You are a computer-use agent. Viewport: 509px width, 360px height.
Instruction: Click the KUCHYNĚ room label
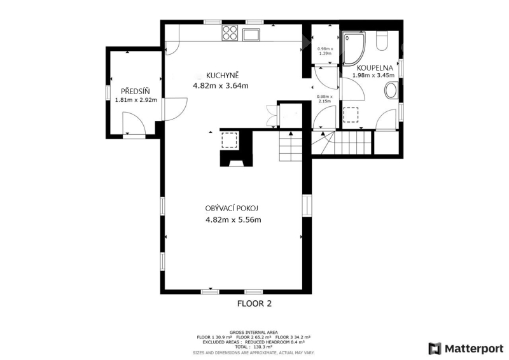pyautogui.click(x=222, y=75)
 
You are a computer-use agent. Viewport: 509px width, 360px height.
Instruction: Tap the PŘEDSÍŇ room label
pyautogui.click(x=136, y=91)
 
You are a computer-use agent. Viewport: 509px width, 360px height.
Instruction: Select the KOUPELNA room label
pyautogui.click(x=375, y=68)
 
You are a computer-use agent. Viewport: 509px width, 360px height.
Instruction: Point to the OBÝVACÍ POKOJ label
pyautogui.click(x=232, y=208)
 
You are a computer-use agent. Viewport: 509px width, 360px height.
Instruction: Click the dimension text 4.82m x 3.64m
pyautogui.click(x=221, y=86)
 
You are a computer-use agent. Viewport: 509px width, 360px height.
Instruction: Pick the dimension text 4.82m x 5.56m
pyautogui.click(x=234, y=220)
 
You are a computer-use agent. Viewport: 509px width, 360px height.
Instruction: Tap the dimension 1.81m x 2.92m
pyautogui.click(x=136, y=100)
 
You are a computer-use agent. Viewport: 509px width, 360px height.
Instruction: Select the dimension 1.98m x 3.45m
pyautogui.click(x=373, y=75)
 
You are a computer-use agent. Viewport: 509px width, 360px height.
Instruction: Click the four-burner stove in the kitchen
pyautogui.click(x=230, y=33)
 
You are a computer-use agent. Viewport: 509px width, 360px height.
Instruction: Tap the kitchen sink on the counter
pyautogui.click(x=251, y=34)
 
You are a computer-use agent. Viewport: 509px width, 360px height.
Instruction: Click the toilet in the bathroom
pyautogui.click(x=382, y=41)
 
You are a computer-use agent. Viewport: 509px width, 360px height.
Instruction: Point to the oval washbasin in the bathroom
pyautogui.click(x=391, y=90)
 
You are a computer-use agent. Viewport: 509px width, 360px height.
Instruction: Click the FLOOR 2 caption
pyautogui.click(x=254, y=303)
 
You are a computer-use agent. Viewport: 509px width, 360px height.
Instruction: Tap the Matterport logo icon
pyautogui.click(x=435, y=349)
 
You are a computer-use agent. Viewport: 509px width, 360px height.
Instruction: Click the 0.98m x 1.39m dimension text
pyautogui.click(x=325, y=51)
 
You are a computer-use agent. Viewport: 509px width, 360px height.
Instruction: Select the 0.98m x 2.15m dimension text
pyautogui.click(x=324, y=99)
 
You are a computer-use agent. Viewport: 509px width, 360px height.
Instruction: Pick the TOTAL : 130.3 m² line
pyautogui.click(x=254, y=347)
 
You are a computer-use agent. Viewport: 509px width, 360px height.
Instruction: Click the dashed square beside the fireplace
pyautogui.click(x=230, y=140)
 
